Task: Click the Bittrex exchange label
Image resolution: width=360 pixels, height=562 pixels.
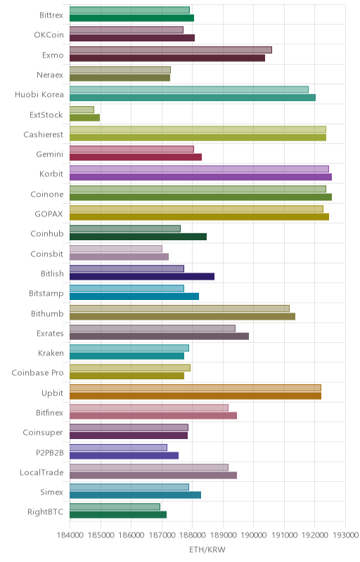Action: [51, 15]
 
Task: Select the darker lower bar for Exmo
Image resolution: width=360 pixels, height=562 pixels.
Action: [167, 58]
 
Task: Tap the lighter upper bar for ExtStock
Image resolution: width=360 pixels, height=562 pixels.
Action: [82, 110]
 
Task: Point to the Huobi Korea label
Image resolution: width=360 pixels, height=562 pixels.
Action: [39, 95]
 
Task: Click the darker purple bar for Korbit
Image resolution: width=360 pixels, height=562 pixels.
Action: [200, 177]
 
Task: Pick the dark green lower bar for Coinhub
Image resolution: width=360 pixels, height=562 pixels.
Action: [138, 237]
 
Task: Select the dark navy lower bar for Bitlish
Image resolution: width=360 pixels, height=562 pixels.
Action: [142, 276]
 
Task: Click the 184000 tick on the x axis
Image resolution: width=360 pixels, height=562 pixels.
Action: [70, 535]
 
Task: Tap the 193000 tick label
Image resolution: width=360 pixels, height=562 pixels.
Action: [346, 535]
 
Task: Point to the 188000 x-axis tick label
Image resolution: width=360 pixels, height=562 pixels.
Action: [192, 535]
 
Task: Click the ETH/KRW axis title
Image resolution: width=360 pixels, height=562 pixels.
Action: [207, 550]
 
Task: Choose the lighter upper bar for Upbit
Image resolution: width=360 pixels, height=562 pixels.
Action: [195, 388]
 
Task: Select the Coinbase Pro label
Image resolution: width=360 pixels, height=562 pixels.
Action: [37, 373]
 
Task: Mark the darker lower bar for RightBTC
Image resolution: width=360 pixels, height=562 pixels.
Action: [118, 515]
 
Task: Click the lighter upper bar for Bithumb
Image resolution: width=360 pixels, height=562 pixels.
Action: [179, 308]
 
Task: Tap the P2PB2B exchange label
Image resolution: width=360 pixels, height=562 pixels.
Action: [50, 452]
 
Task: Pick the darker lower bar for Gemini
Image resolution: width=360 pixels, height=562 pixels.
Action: [136, 157]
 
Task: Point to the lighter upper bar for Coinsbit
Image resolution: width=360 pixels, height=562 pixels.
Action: [116, 249]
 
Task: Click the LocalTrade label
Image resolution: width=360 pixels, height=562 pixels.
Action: [41, 472]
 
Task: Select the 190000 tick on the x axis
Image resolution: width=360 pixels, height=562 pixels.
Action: [254, 535]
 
